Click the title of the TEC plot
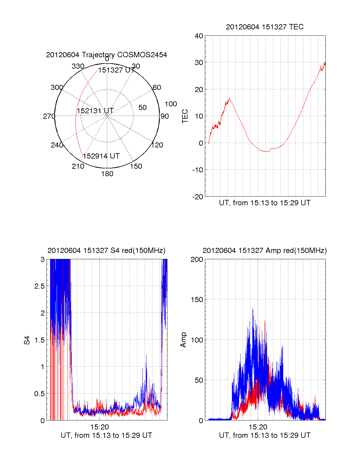click(x=265, y=27)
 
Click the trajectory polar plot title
click(x=106, y=55)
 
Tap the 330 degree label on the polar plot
click(x=78, y=66)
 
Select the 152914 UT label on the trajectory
click(x=101, y=156)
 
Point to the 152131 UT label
click(x=95, y=111)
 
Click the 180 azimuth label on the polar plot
click(x=107, y=174)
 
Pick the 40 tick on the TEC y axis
click(x=199, y=36)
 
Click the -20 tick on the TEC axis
click(x=198, y=197)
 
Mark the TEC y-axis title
click(x=185, y=116)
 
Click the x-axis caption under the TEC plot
click(x=265, y=203)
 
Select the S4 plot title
click(x=106, y=251)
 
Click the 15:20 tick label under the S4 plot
click(x=100, y=427)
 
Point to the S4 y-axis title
click(x=27, y=340)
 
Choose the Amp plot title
click(x=265, y=251)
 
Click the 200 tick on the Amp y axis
click(x=197, y=260)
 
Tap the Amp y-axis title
click(x=183, y=340)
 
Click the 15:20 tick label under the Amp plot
click(x=258, y=427)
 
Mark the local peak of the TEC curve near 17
click(x=229, y=98)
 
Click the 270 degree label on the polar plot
click(x=49, y=116)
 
